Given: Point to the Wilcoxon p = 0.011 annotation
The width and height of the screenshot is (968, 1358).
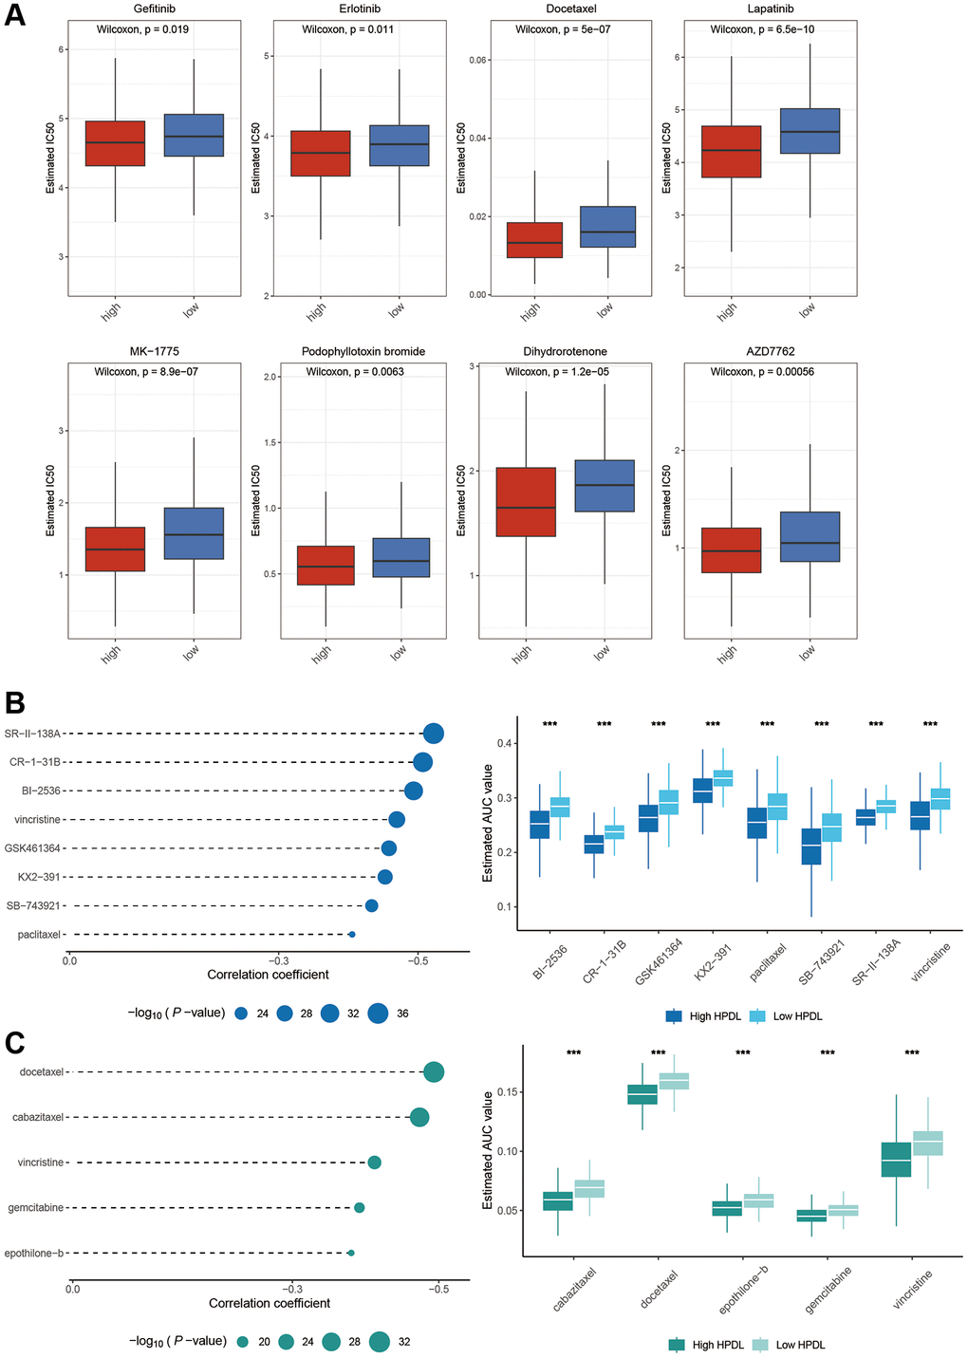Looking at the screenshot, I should [x=348, y=29].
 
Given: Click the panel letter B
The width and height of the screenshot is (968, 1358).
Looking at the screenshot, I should [x=14, y=703].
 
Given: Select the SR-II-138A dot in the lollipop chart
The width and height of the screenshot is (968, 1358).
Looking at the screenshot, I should [x=434, y=734].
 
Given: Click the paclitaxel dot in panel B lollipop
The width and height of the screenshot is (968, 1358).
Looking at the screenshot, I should [x=352, y=935].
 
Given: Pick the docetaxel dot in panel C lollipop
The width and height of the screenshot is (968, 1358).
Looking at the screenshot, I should [x=434, y=1072].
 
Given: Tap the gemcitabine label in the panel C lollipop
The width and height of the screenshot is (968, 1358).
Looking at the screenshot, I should [x=36, y=1208].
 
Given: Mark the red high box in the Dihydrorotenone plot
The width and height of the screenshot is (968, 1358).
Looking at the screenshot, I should [x=526, y=502].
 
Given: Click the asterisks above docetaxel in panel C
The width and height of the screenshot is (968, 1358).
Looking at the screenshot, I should [x=658, y=1053].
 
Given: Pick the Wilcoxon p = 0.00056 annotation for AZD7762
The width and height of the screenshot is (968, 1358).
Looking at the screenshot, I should [x=762, y=372].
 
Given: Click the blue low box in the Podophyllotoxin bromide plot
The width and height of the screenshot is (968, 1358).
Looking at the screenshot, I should [x=400, y=557].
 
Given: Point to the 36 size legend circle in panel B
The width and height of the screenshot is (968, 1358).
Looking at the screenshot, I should [x=378, y=1014].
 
